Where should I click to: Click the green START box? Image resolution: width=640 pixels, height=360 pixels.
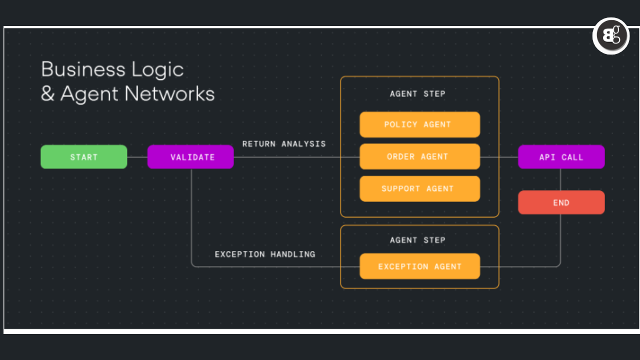tap(83, 157)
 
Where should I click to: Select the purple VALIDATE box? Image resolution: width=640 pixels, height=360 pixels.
tap(190, 157)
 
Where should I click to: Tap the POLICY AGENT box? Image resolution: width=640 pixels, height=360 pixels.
tap(419, 124)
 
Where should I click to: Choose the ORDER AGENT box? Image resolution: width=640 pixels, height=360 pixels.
tap(419, 156)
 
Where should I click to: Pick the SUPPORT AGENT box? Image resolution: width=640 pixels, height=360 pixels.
tap(419, 188)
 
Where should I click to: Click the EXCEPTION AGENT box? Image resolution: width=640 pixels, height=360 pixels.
tap(419, 266)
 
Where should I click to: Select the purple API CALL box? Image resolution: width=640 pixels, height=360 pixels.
tap(561, 157)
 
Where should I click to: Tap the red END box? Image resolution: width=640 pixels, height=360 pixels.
tap(561, 202)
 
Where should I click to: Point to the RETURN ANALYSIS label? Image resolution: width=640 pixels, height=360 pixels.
tap(284, 144)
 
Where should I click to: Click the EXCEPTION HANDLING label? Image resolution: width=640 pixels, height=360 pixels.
tap(265, 254)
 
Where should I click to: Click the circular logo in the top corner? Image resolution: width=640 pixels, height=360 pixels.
tap(610, 36)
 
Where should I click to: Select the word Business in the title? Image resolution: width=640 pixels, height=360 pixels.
tap(83, 69)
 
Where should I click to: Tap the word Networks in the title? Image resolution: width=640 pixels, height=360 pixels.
tap(169, 94)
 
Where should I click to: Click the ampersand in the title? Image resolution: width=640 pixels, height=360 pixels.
tap(47, 94)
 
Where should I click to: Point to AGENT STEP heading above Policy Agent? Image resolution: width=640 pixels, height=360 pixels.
tap(417, 93)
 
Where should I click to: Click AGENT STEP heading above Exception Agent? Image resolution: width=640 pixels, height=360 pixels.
tap(417, 240)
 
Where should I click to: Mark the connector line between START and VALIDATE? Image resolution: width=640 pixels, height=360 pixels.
tap(137, 157)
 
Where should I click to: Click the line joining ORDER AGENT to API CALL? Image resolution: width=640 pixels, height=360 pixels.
tap(499, 157)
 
